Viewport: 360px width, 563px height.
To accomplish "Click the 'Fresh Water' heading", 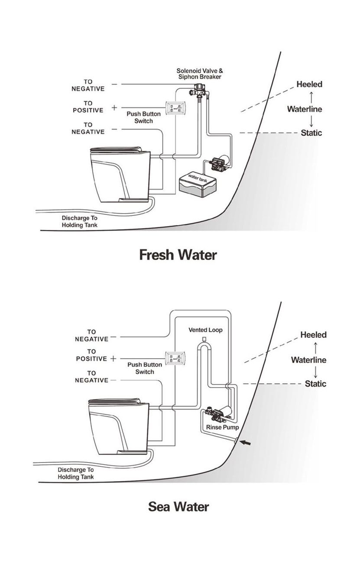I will click(x=178, y=255).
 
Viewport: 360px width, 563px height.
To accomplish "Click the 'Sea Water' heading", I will click(x=178, y=506).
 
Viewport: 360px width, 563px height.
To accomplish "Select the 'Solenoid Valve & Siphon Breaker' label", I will click(x=199, y=74).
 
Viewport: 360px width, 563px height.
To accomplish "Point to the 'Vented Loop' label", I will click(x=205, y=330).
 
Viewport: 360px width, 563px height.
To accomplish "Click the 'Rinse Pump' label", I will click(x=219, y=427).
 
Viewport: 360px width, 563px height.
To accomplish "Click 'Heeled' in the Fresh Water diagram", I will click(x=309, y=84).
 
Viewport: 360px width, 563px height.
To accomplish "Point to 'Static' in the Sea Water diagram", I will click(x=315, y=384).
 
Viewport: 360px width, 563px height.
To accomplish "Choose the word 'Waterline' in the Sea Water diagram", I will click(x=309, y=360).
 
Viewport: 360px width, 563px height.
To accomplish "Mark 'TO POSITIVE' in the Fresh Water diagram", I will click(x=88, y=107).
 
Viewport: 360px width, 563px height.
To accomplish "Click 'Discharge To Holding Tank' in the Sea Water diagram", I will click(x=76, y=473).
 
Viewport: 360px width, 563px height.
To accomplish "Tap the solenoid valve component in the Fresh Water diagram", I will click(x=199, y=91).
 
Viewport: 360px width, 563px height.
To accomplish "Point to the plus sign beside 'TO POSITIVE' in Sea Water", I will click(x=114, y=359).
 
